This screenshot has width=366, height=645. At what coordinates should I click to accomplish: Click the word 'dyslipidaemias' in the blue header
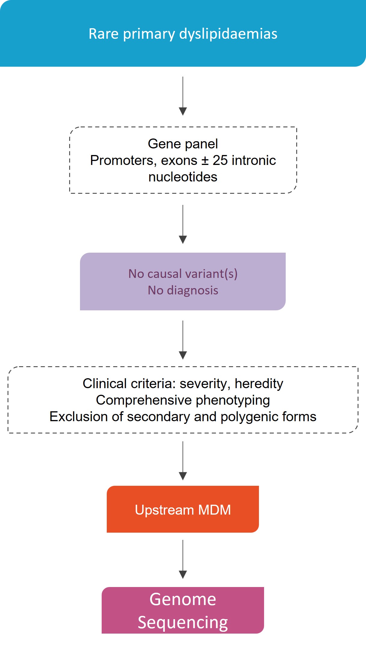point(228,34)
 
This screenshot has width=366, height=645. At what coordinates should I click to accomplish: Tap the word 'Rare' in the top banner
point(104,34)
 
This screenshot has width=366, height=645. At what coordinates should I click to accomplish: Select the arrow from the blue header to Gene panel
point(183,96)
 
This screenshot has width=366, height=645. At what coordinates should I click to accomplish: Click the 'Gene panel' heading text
point(183,144)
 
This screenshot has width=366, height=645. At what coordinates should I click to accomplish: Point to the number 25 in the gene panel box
point(220,160)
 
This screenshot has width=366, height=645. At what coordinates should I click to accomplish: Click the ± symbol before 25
point(205,161)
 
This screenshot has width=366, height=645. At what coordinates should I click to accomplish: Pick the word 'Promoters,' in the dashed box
point(124,161)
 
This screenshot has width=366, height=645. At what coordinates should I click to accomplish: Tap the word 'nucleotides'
point(183,177)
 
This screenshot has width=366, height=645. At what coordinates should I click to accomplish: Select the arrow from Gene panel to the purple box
point(183,224)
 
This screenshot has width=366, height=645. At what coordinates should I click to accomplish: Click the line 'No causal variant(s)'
point(183,274)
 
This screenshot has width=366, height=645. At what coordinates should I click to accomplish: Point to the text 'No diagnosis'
point(183,291)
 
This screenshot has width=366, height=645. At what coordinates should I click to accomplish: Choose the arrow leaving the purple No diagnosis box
point(183,340)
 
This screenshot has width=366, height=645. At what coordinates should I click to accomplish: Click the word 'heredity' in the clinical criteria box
point(259,384)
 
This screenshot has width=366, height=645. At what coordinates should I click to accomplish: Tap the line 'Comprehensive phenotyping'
point(183,400)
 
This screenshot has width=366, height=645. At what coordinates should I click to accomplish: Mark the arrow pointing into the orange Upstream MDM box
point(183,461)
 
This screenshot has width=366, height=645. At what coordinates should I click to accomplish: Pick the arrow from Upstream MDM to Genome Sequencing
point(183,559)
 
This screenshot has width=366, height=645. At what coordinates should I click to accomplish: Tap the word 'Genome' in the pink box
point(183,600)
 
